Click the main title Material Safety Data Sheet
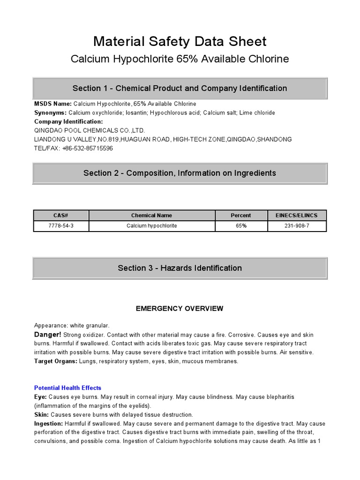(180, 41)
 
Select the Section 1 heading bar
(180, 88)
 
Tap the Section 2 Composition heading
(180, 173)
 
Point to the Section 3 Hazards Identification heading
(180, 268)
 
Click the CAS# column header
(61, 216)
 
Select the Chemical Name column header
(151, 216)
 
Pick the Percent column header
(241, 216)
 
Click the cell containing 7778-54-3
(61, 226)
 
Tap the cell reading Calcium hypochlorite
(151, 226)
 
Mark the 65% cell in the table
(241, 226)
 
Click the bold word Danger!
(47, 335)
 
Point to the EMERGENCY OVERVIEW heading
(180, 308)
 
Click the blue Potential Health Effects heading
(67, 388)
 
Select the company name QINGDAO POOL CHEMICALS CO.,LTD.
(90, 130)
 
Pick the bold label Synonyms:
(51, 113)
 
